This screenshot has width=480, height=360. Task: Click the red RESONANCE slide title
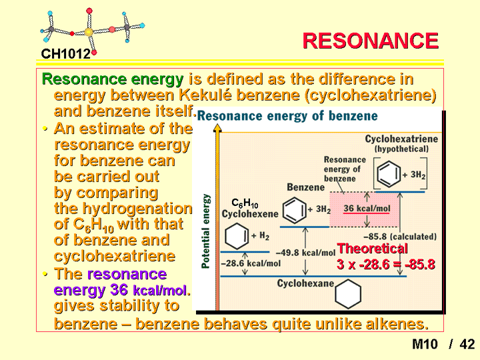[371, 41]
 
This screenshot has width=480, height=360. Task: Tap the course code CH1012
[66, 54]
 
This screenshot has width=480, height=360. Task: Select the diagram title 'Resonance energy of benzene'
[287, 116]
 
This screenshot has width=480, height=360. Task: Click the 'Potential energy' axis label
[206, 231]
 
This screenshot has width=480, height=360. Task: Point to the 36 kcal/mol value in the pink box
[367, 209]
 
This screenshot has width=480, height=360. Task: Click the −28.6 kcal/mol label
[251, 263]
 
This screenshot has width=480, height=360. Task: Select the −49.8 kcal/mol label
[305, 253]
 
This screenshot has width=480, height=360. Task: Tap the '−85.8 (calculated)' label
[400, 237]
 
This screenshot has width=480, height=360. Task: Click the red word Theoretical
[372, 248]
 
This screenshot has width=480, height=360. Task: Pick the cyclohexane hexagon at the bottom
[348, 294]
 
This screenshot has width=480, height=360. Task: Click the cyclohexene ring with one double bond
[237, 237]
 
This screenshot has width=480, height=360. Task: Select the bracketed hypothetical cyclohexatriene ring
[389, 174]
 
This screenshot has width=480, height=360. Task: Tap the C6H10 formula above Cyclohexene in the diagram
[245, 203]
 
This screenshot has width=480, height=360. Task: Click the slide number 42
[467, 344]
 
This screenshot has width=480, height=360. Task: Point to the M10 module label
[425, 344]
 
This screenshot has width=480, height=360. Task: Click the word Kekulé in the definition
[205, 95]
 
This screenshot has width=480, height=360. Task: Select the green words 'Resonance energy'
[113, 79]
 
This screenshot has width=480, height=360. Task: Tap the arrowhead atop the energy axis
[217, 128]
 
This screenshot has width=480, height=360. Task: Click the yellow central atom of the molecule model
[89, 31]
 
